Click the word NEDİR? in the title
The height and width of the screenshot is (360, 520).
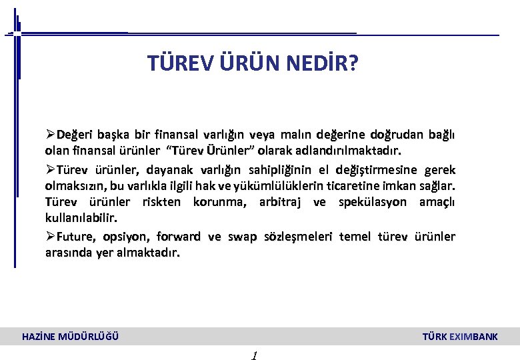click(323, 63)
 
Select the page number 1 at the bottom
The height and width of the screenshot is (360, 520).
click(255, 355)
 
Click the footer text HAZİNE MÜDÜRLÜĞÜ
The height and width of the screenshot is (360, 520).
click(71, 337)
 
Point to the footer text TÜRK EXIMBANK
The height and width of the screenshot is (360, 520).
click(460, 337)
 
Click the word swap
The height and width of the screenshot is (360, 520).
click(241, 236)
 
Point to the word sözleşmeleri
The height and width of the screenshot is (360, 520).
click(299, 236)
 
